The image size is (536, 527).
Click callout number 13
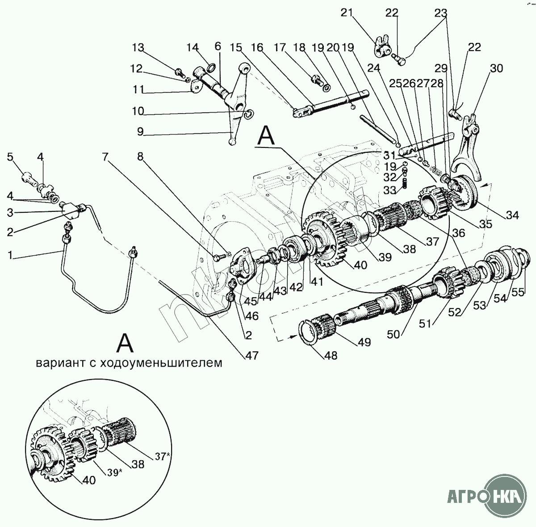pos(138,48)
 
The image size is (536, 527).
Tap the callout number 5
pos(10,157)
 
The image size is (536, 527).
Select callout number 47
pos(252,355)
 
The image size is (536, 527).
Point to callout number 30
pos(497,68)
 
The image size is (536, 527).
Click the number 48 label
pos(331,355)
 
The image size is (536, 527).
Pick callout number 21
pos(347,13)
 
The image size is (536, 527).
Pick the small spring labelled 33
pos(405,184)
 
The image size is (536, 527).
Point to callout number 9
pos(140,131)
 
